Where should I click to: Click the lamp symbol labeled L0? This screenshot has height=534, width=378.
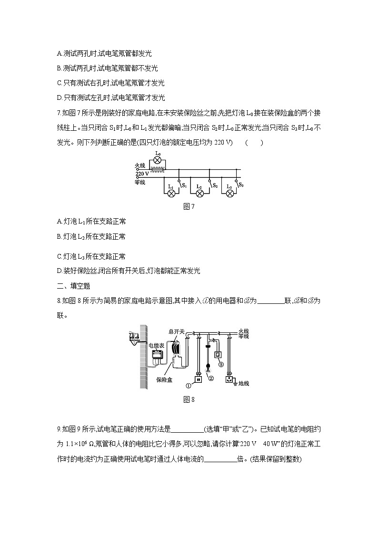coord(158,160)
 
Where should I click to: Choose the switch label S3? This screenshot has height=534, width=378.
coord(241,184)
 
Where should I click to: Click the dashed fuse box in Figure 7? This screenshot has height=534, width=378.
coord(158,169)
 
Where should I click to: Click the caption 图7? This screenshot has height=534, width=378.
coord(189,206)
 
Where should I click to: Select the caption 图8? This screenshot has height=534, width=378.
coord(189,399)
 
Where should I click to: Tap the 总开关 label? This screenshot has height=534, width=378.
coord(176,331)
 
